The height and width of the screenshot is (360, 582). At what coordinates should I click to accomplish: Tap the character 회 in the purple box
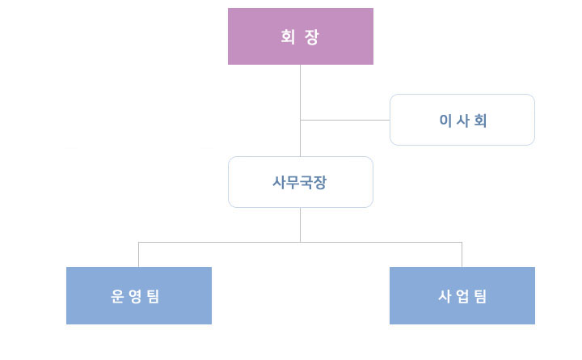[x=288, y=37]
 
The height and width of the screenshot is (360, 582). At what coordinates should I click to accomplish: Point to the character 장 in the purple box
[x=313, y=37]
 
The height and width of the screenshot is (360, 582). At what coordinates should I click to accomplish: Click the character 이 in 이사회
[x=445, y=121]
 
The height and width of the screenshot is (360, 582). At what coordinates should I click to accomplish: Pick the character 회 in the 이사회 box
[x=480, y=121]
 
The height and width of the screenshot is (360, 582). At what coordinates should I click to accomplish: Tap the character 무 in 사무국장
[x=293, y=182]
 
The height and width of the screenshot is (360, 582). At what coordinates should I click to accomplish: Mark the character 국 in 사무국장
[x=307, y=182]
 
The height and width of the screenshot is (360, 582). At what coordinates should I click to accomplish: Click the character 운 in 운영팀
[x=118, y=296]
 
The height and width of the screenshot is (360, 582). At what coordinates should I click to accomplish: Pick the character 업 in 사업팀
[x=462, y=296]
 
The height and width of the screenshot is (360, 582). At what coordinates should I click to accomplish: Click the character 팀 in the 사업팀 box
[x=480, y=296]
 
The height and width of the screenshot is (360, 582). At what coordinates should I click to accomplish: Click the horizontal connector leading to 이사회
[x=345, y=120]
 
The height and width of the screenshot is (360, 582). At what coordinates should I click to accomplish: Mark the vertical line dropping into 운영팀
[x=138, y=254]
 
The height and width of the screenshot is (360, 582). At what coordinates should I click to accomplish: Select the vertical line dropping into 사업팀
[x=462, y=254]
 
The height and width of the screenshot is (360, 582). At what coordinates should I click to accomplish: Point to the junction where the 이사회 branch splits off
[x=300, y=120]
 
